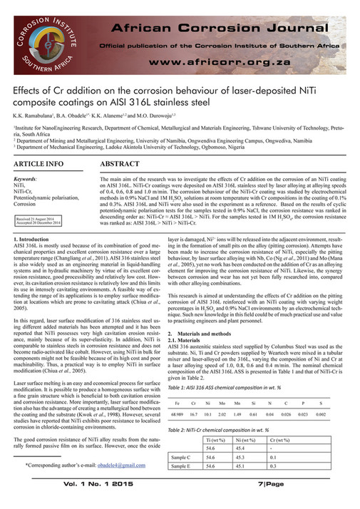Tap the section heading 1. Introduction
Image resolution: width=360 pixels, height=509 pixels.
click(33, 244)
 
